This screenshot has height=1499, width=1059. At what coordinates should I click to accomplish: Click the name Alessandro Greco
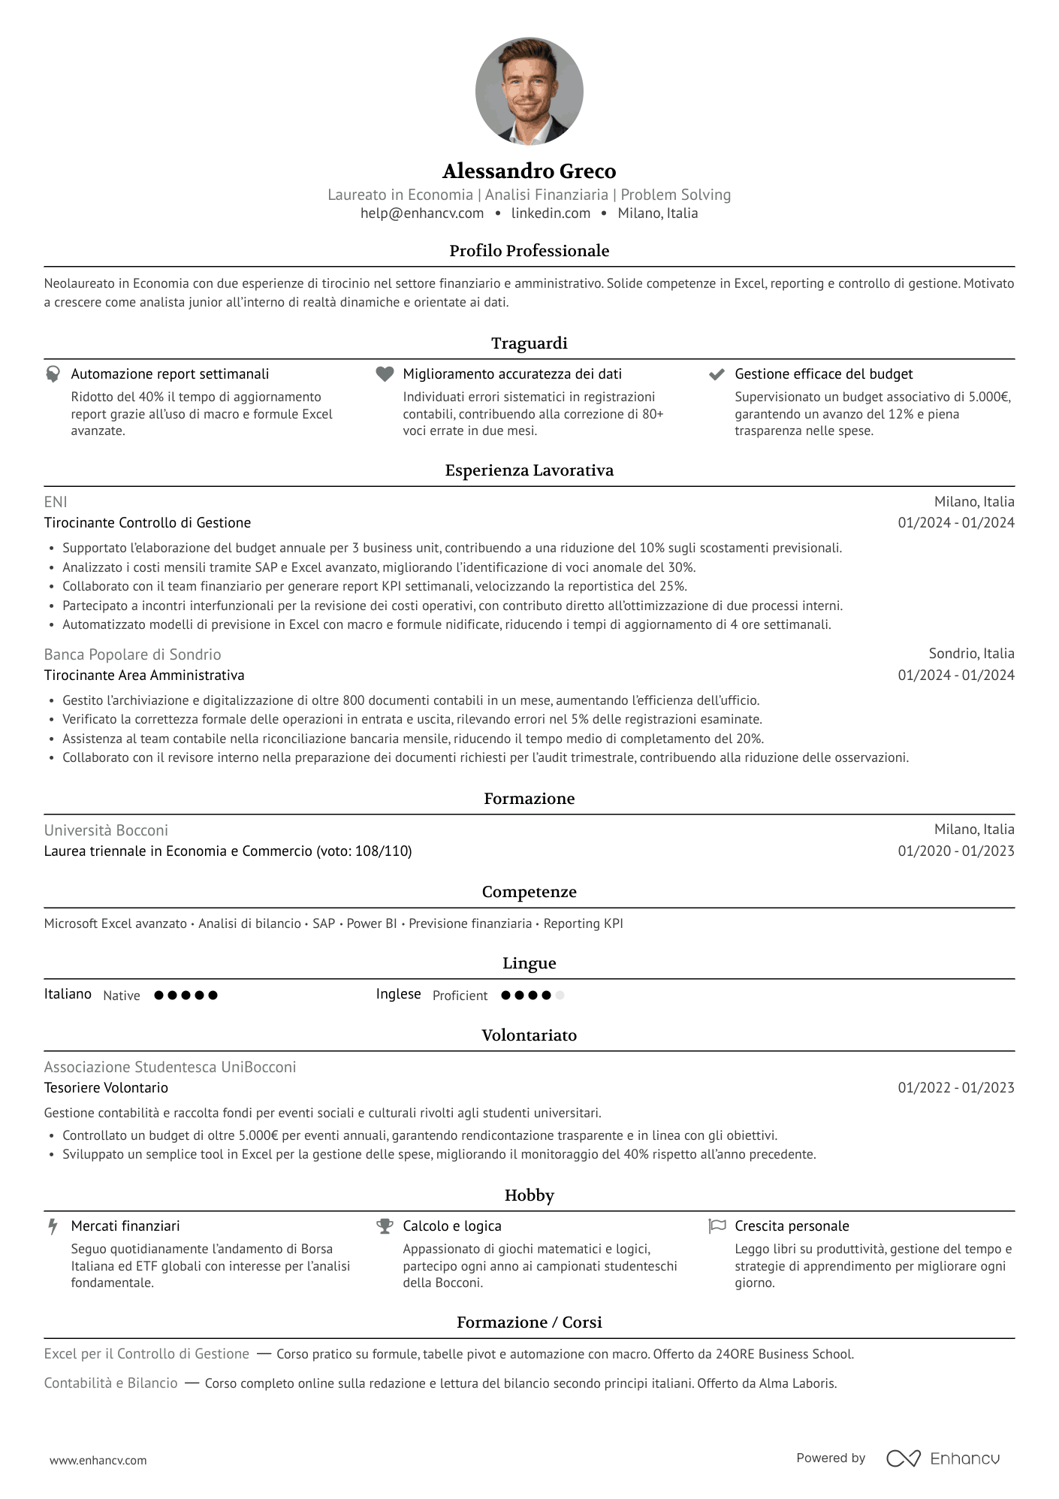coord(529,171)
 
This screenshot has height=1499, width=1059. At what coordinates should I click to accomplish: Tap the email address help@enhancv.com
coord(421,213)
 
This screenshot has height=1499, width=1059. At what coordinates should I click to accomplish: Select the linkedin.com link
coord(551,213)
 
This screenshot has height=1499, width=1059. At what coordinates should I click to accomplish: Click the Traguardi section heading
coord(529,343)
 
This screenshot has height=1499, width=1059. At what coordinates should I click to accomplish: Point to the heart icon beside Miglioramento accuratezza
coord(385,374)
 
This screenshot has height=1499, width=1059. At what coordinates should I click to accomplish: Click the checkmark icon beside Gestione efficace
coord(717,374)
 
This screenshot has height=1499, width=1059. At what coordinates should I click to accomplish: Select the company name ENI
coord(56,502)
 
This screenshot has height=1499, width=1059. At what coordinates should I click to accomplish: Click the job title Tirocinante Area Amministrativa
coord(144,675)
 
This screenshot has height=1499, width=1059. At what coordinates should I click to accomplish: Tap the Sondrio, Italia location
coord(971,654)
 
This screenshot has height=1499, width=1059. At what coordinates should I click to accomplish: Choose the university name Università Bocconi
coord(106,830)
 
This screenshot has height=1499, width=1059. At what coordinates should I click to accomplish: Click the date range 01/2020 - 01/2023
coord(955,851)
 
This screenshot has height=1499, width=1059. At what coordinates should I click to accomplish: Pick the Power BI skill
coord(372,923)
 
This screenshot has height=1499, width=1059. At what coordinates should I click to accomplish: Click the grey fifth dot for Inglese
coord(560,996)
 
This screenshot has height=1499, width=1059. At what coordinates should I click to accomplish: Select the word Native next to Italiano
coord(122,996)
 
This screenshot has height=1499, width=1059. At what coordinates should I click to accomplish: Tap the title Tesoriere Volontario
coord(106,1088)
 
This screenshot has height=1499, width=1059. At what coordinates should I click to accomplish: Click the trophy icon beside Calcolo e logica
coord(385,1226)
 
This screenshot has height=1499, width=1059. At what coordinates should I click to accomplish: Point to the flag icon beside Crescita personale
coord(717,1226)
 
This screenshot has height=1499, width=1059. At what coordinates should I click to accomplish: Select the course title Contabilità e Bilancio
coord(110,1383)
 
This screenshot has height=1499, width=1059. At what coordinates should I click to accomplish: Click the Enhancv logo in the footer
coord(943,1458)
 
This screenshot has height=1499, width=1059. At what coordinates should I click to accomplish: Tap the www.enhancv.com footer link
coord(98,1461)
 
